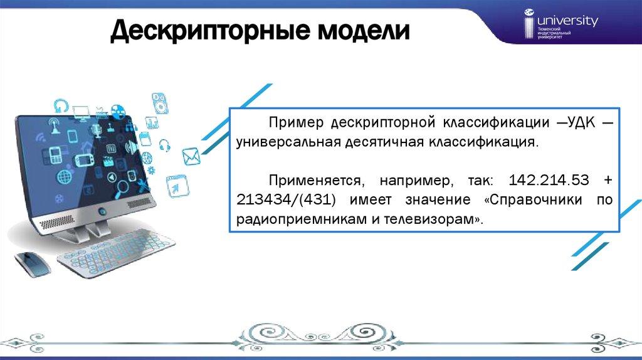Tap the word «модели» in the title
coord(364,31)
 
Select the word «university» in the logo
coord(567,21)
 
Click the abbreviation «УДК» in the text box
coord(581,122)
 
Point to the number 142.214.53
coord(549,180)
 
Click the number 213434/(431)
coord(286,200)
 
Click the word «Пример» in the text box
coord(296,122)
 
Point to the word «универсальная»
coord(288,142)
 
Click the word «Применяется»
coord(316,180)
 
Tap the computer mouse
coord(33,264)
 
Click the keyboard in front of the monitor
coord(116,252)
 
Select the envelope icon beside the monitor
coord(191,156)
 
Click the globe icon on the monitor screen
coord(65,177)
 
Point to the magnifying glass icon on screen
coord(121,188)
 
